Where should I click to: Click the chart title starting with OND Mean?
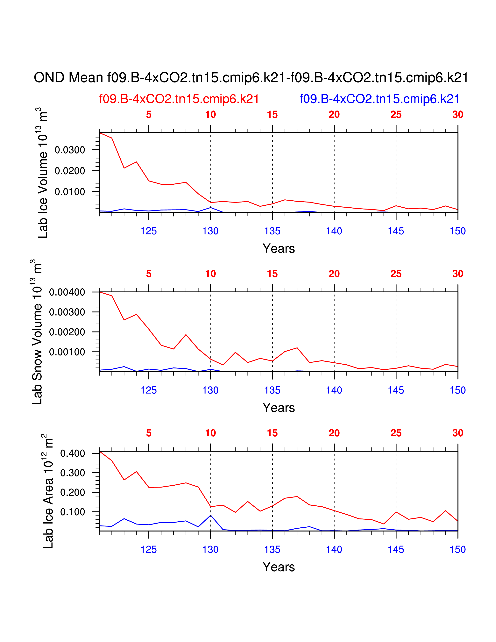pos(251,78)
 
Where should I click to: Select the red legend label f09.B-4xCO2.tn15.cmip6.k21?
pos(179,99)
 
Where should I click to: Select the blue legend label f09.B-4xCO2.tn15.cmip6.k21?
pos(379,99)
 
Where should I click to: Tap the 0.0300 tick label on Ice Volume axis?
pos(70,150)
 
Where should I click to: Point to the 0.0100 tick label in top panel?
pos(70,192)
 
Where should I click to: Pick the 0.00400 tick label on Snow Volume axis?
pos(67,292)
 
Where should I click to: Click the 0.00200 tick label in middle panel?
pos(67,332)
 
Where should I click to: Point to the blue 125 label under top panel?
pos(149,231)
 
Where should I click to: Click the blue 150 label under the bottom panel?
pos(457,550)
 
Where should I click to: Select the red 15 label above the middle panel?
pos(272,274)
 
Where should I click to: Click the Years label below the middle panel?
pos(279,408)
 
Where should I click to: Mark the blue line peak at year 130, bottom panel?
pos(211,515)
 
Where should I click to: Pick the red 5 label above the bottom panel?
pos(149,433)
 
